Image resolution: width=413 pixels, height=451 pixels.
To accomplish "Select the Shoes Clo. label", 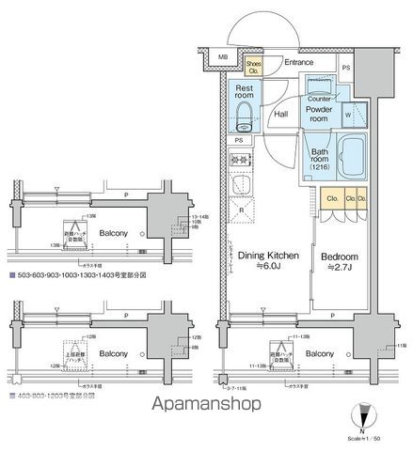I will pos(253,66).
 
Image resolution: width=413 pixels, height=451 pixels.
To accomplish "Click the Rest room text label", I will pos(244,94).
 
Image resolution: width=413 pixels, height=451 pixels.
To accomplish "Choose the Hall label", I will pos(280,115).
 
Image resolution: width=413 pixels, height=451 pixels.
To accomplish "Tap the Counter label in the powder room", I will pos(318,98).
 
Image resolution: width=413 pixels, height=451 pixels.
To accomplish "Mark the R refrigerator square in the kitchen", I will pos(243,210).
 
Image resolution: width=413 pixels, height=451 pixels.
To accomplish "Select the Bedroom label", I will pos(339,256).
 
